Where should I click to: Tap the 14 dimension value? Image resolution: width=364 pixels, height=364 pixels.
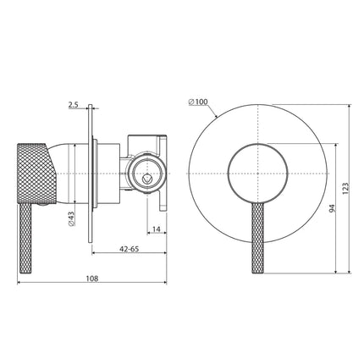157,227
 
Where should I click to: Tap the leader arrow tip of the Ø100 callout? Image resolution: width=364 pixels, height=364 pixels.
218,116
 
